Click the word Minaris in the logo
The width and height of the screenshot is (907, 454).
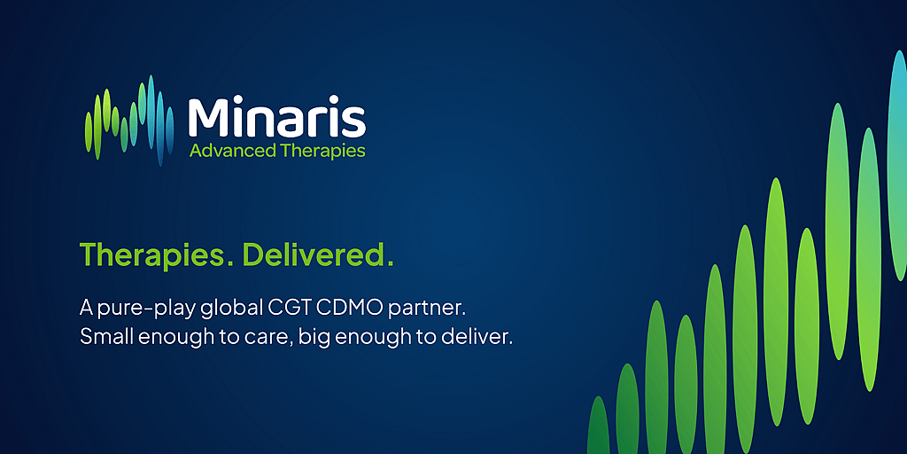(277, 118)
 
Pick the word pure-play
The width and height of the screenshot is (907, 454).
(146, 309)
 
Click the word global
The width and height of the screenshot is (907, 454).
(231, 309)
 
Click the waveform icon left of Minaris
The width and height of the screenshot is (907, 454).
(129, 121)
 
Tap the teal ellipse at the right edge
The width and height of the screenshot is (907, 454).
(898, 165)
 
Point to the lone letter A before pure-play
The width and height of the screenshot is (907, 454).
(86, 309)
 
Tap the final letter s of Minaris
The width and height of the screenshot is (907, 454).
(354, 122)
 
